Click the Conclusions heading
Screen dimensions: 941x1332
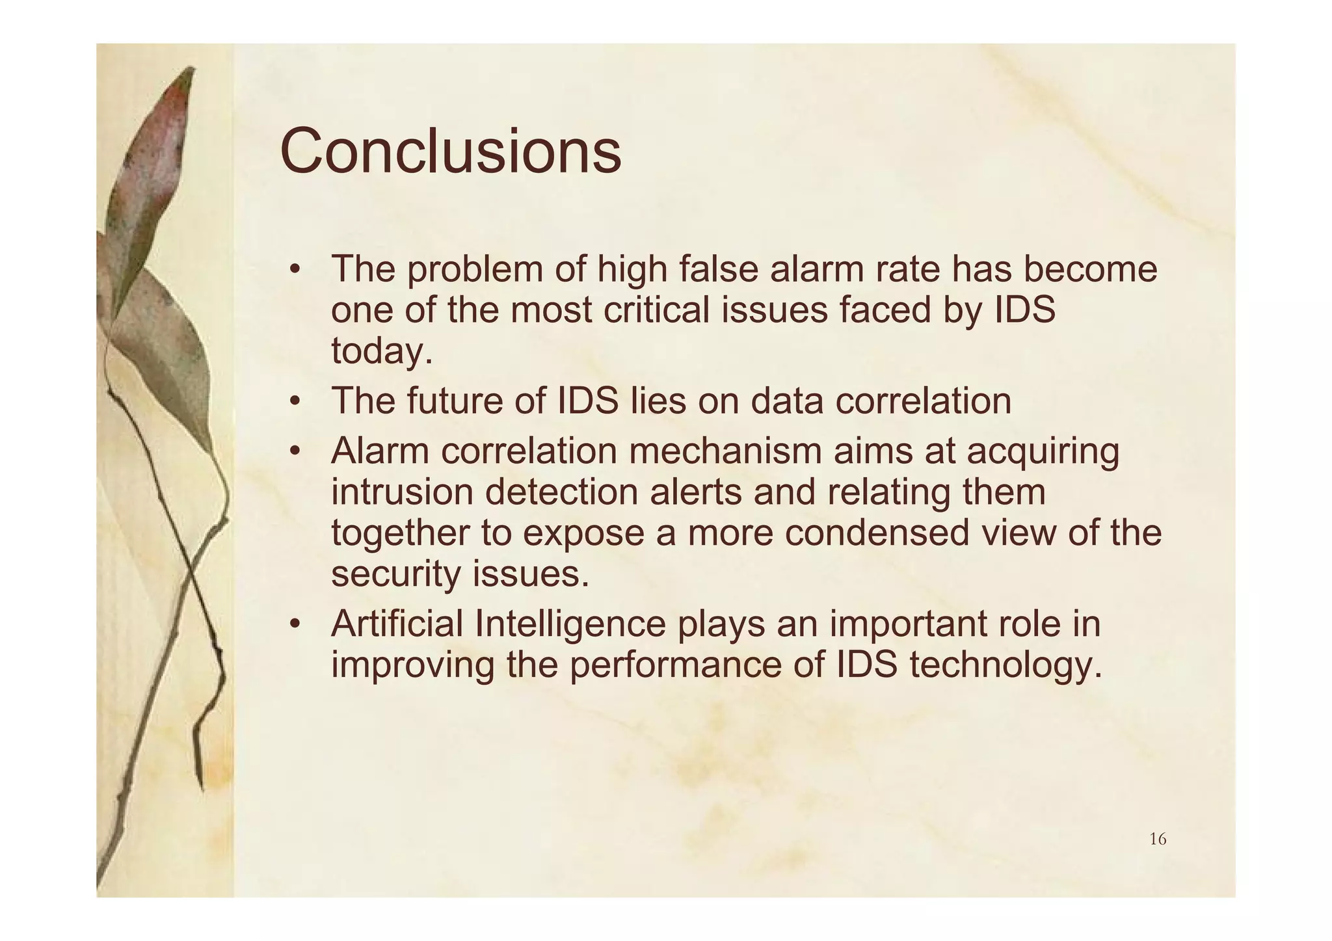click(x=450, y=152)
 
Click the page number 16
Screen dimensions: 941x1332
click(x=1158, y=840)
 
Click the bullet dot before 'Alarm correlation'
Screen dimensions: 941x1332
click(x=295, y=452)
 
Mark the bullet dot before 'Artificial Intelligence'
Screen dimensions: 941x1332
click(x=295, y=625)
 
